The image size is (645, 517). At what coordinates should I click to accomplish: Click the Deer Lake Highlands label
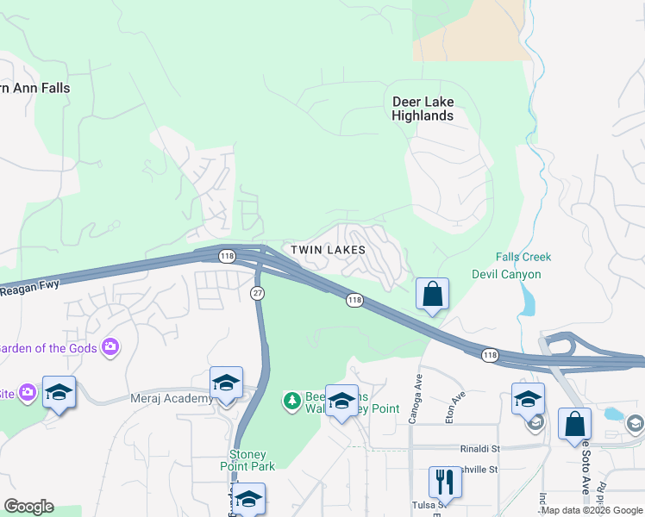pyautogui.click(x=423, y=109)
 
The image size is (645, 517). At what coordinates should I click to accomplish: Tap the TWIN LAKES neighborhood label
pyautogui.click(x=328, y=250)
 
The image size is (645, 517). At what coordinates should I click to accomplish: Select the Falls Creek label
pyautogui.click(x=523, y=257)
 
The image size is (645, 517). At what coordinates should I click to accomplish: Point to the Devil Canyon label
pyautogui.click(x=506, y=274)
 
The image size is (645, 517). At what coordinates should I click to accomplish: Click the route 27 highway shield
pyautogui.click(x=258, y=293)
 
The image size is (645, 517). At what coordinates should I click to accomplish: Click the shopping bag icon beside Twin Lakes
pyautogui.click(x=432, y=295)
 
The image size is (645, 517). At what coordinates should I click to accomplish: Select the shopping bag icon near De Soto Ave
pyautogui.click(x=574, y=425)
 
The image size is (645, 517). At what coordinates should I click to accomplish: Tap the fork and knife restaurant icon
pyautogui.click(x=445, y=482)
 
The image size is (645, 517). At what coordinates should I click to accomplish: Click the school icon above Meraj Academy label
pyautogui.click(x=226, y=382)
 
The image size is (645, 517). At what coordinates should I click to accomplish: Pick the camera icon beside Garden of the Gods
pyautogui.click(x=110, y=347)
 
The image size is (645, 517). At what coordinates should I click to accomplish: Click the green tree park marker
pyautogui.click(x=292, y=401)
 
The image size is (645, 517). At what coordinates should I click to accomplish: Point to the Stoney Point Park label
pyautogui.click(x=252, y=460)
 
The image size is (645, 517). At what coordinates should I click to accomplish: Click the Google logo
pyautogui.click(x=28, y=507)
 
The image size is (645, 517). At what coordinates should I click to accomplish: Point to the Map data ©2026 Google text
pyautogui.click(x=592, y=511)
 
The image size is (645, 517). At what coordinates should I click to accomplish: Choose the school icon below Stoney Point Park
pyautogui.click(x=248, y=499)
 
